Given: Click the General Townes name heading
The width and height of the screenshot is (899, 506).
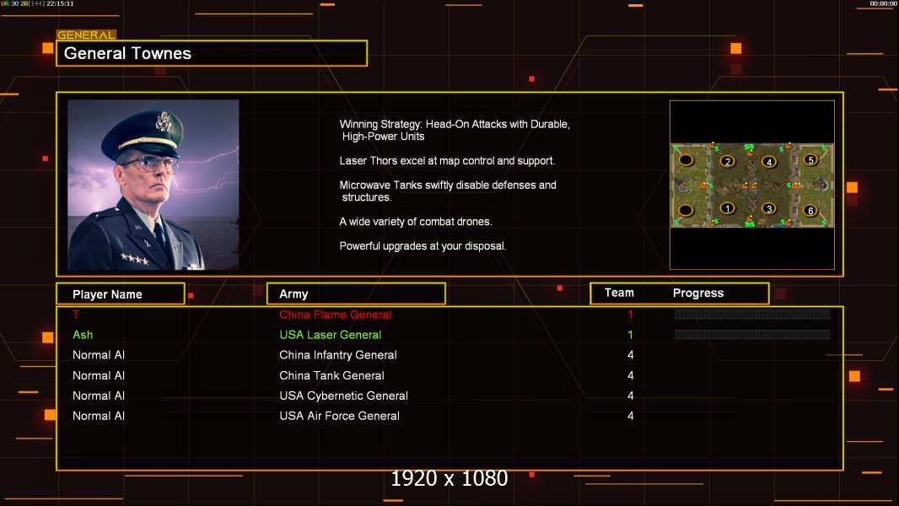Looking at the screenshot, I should click(x=128, y=54).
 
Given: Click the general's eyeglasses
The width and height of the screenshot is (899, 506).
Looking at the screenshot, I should click(x=149, y=163).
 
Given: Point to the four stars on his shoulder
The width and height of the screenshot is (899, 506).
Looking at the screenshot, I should click(x=133, y=259).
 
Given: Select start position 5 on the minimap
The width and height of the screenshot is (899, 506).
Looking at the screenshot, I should click(x=810, y=159).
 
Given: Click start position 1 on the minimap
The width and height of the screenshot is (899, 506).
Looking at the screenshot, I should click(x=727, y=208).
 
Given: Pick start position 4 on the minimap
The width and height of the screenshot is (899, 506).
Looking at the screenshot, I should click(x=768, y=162).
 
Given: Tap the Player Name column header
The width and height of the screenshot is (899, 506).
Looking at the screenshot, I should click(x=107, y=294).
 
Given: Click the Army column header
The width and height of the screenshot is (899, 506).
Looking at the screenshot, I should click(x=293, y=294).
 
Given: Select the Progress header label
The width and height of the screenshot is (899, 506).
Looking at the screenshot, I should click(x=698, y=293).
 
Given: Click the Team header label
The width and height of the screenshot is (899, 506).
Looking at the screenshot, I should click(x=619, y=293).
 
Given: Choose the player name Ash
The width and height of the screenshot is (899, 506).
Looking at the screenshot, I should click(x=83, y=335).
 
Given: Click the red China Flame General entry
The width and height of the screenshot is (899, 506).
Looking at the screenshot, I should click(x=336, y=315).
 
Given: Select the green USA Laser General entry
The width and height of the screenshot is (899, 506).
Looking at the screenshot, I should click(x=331, y=335).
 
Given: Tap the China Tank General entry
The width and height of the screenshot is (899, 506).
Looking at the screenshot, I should click(x=331, y=375).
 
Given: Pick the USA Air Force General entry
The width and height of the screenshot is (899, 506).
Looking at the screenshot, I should click(x=339, y=416).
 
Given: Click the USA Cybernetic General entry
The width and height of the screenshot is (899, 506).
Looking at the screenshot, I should click(x=343, y=396).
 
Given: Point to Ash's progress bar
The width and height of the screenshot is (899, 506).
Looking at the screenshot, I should click(x=752, y=335).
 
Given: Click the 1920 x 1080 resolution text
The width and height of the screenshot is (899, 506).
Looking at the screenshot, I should click(x=449, y=479).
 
